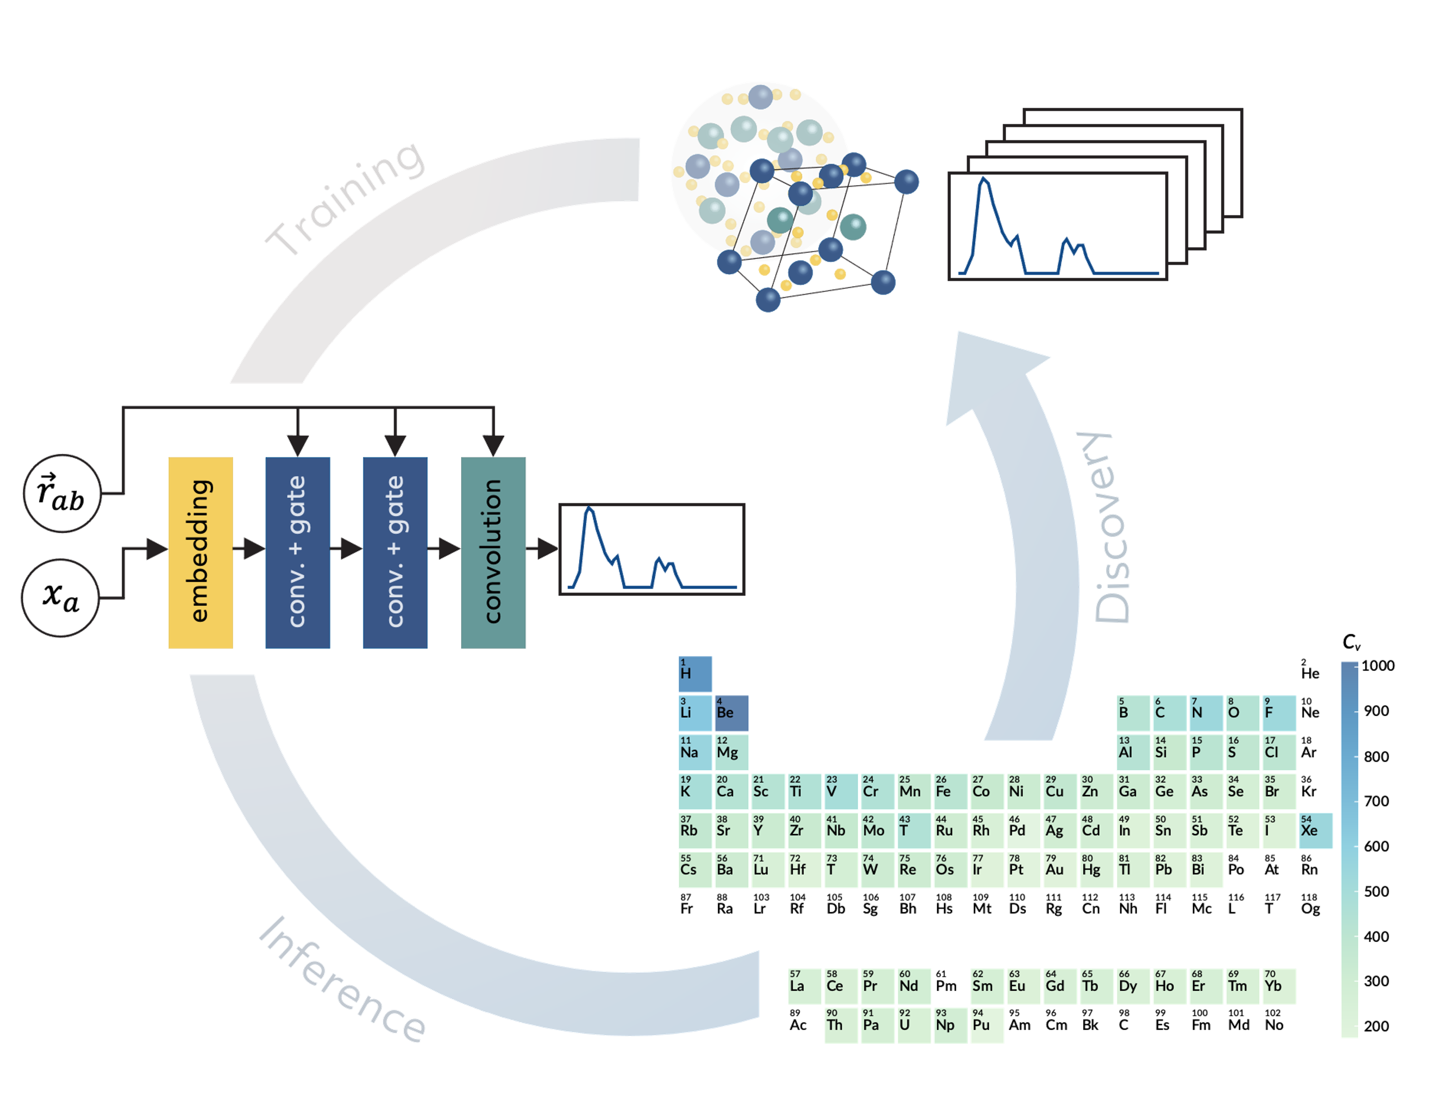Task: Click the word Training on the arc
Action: (x=345, y=198)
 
